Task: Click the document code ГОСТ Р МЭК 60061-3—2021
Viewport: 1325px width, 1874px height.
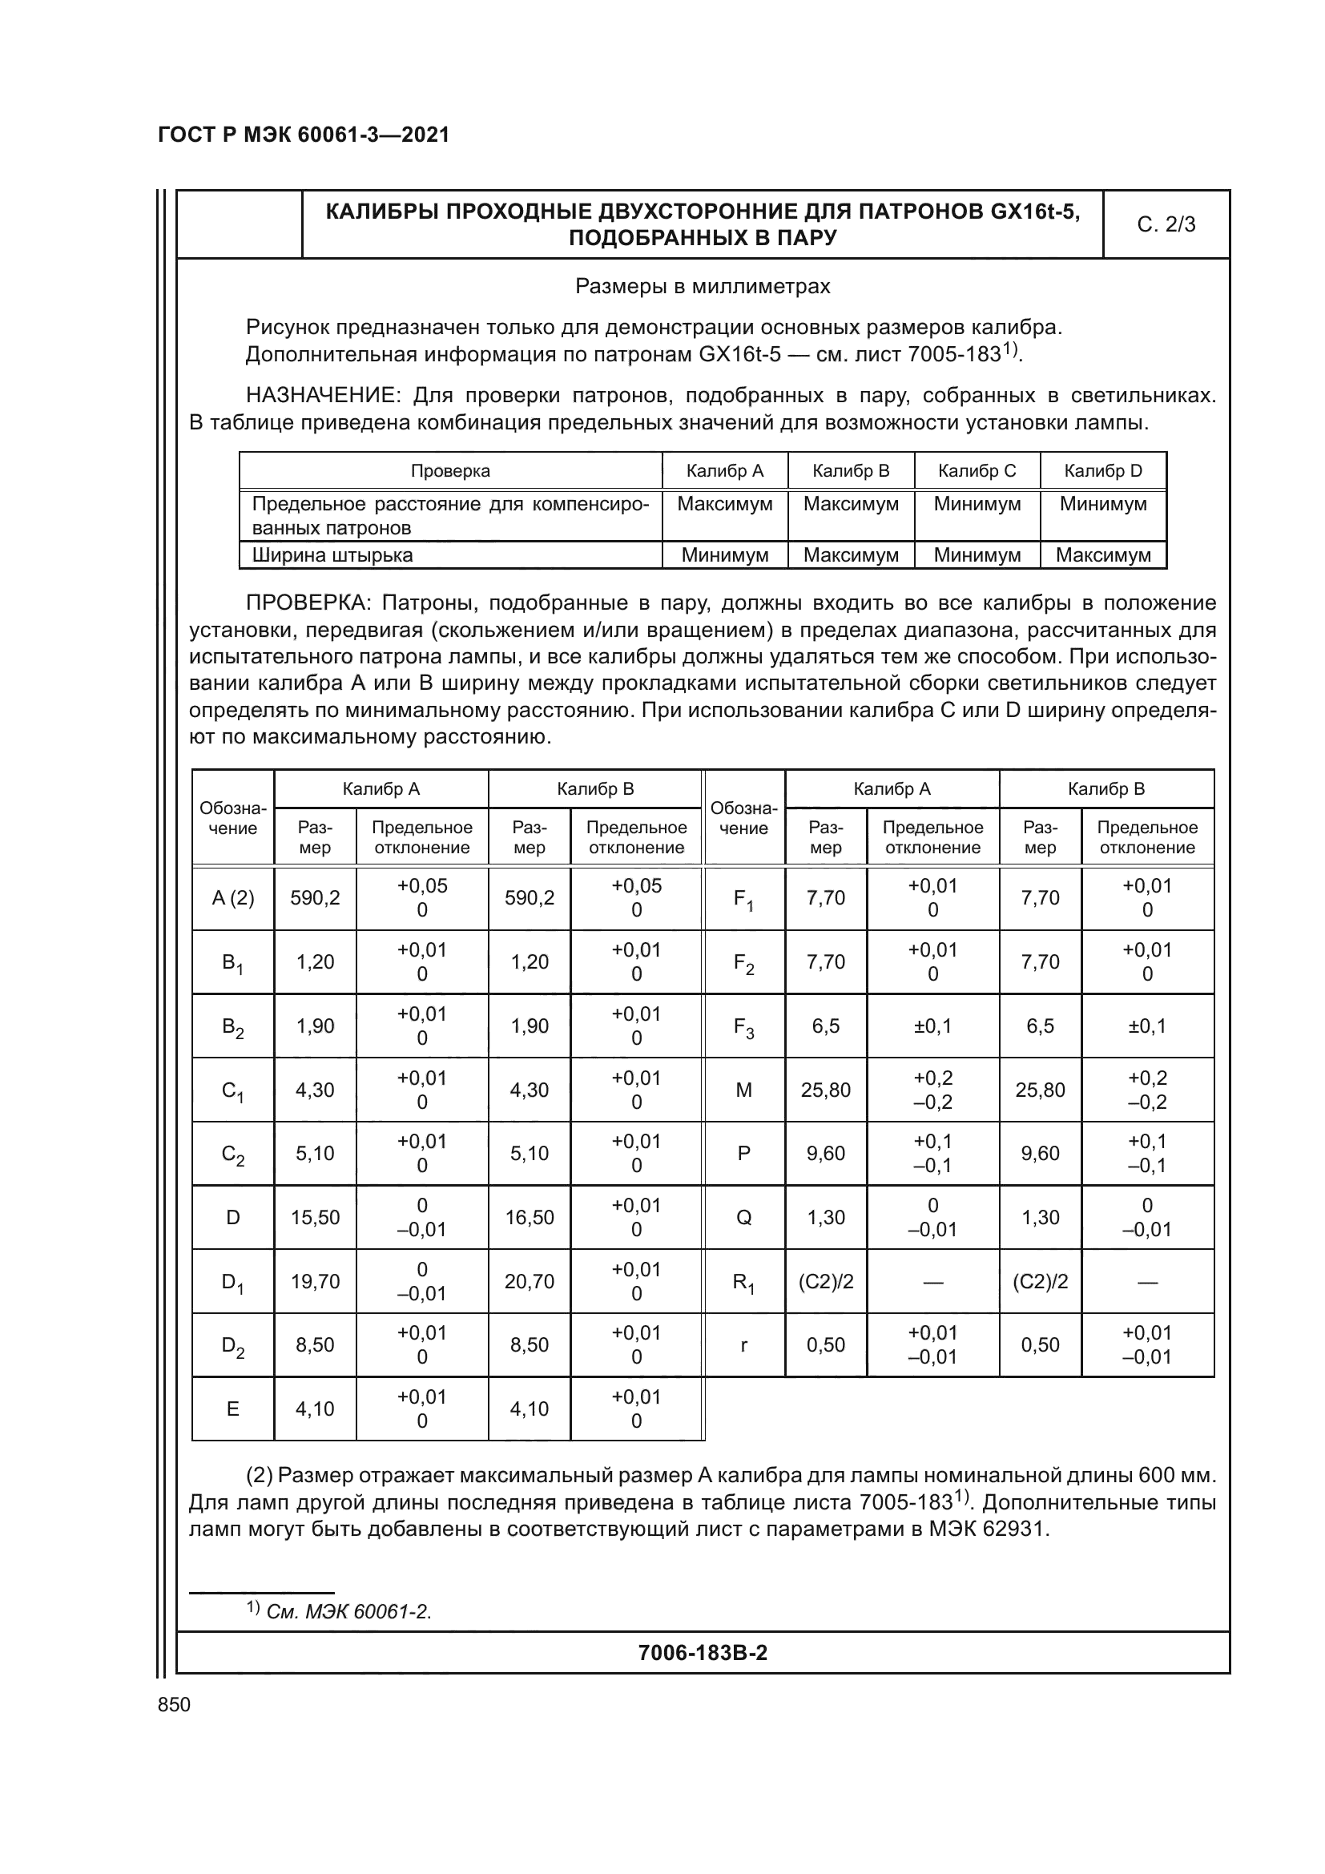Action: (304, 135)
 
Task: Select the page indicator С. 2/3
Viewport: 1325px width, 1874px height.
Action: (1166, 224)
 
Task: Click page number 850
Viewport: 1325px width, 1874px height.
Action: (174, 1704)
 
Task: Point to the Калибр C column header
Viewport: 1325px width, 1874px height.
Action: (977, 471)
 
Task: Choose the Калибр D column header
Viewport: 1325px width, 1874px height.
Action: (1103, 471)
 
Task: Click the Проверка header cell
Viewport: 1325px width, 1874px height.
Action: (450, 471)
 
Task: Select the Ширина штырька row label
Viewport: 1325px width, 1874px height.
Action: (332, 555)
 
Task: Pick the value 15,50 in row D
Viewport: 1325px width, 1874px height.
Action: (315, 1218)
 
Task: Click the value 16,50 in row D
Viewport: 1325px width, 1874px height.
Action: (530, 1218)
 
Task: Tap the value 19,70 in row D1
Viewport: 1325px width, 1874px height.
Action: (315, 1281)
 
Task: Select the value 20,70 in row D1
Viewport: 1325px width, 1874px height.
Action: (530, 1281)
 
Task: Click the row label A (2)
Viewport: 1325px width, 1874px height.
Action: (232, 898)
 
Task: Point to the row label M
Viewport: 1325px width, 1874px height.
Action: (743, 1090)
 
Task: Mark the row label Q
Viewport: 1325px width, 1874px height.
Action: (743, 1218)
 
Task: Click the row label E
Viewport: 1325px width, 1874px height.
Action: (232, 1409)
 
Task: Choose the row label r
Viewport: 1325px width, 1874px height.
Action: (743, 1345)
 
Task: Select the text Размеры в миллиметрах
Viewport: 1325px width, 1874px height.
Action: (703, 287)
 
